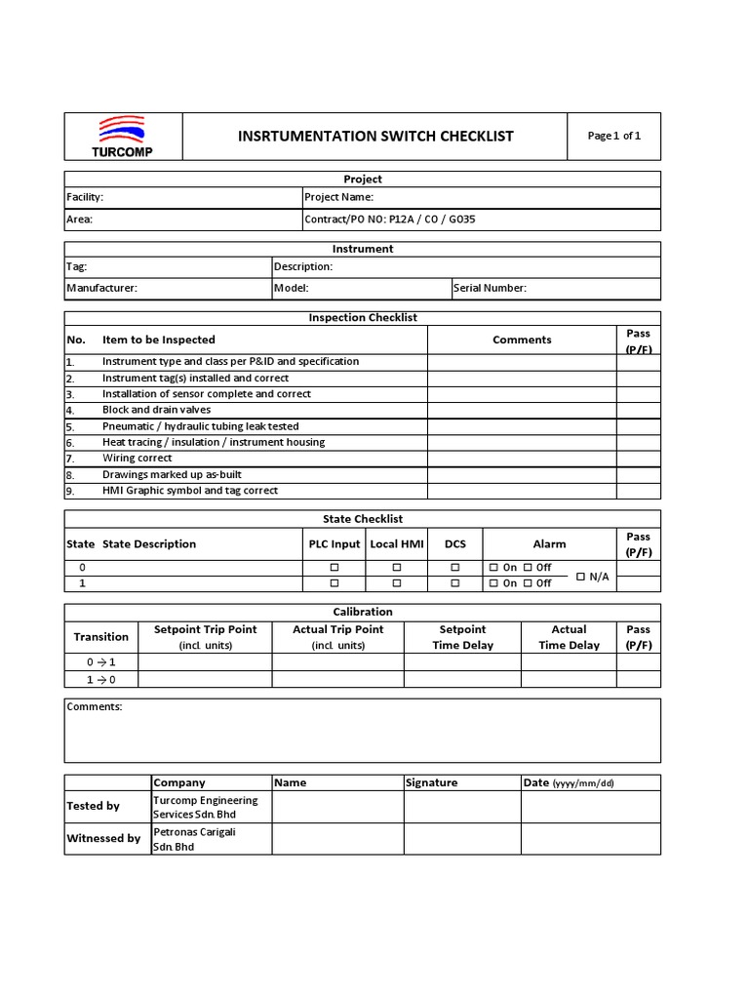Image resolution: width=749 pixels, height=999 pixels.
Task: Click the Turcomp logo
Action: [x=122, y=137]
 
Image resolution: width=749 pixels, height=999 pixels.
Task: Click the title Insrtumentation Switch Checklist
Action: [x=375, y=137]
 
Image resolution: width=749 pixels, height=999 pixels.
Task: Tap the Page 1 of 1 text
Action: [x=613, y=136]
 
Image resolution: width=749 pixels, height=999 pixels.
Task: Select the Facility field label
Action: [x=85, y=197]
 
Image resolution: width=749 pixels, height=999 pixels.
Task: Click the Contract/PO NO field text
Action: [x=390, y=220]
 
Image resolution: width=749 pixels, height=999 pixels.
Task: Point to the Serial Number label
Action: [x=490, y=288]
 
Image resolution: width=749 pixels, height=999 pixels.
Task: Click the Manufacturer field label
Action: [x=101, y=288]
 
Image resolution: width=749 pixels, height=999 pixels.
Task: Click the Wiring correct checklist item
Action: [x=138, y=458]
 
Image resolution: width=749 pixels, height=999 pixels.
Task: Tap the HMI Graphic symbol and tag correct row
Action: [x=189, y=491]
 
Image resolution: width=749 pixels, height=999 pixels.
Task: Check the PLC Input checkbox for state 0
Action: [x=334, y=567]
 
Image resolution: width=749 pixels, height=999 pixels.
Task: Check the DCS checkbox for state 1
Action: [x=454, y=582]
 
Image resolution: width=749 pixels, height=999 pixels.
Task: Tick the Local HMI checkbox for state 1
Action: [x=396, y=582]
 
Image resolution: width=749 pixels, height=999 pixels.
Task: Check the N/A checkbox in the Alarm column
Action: [x=581, y=576]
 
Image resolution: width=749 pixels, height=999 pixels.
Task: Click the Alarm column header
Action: [x=549, y=544]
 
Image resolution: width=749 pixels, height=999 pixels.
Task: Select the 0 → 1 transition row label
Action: [x=100, y=661]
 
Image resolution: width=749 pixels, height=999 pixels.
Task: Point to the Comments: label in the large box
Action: [x=95, y=706]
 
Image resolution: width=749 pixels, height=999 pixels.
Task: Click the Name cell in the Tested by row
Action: [x=337, y=807]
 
